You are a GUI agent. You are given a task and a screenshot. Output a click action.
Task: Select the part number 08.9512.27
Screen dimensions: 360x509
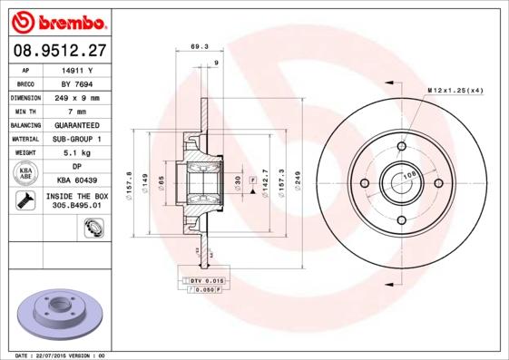[x=60, y=51]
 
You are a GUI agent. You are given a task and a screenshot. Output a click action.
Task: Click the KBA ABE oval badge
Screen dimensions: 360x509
[x=26, y=174]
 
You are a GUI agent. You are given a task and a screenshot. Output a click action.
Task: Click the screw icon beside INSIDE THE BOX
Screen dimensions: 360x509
[x=26, y=200]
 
